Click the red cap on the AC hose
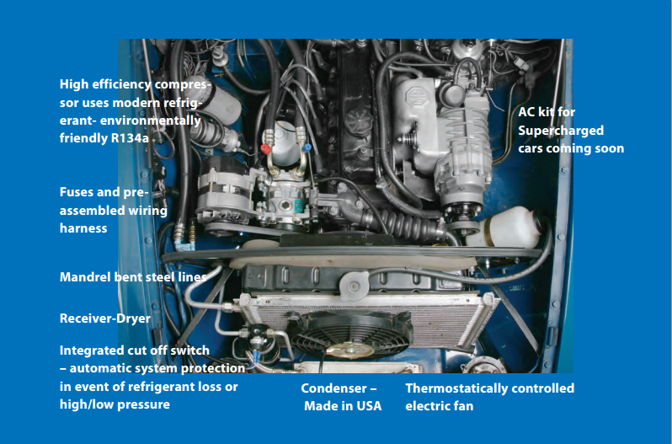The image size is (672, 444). pyautogui.click(x=266, y=149)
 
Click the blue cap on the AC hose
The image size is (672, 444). pyautogui.click(x=307, y=147)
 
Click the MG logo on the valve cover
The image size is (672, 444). pyautogui.click(x=415, y=95)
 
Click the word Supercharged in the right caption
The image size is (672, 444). pyautogui.click(x=561, y=131)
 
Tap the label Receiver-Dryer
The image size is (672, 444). pyautogui.click(x=105, y=318)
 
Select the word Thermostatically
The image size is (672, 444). pyautogui.click(x=448, y=388)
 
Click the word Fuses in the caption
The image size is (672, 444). pyautogui.click(x=76, y=191)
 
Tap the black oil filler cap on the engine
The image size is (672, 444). pyautogui.click(x=359, y=118)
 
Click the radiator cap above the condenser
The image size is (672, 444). pyautogui.click(x=354, y=284)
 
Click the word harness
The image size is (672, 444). pyautogui.click(x=83, y=228)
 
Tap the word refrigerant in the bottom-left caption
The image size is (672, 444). pyautogui.click(x=162, y=387)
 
